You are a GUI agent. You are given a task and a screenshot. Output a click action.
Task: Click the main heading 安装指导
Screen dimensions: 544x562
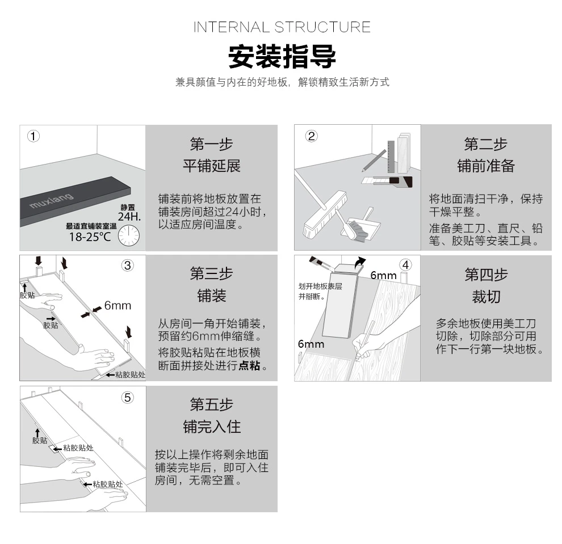pos(282,57)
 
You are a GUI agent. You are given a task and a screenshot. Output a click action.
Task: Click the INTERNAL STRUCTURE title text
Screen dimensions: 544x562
pos(282,27)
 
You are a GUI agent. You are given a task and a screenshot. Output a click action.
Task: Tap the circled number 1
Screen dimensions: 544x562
pos(34,136)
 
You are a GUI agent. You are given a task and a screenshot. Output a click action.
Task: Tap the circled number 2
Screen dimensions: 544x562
pos(311,136)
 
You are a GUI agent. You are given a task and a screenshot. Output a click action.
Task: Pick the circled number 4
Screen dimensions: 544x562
pos(405,265)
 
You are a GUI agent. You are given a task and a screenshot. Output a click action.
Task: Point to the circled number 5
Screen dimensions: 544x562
pos(128,398)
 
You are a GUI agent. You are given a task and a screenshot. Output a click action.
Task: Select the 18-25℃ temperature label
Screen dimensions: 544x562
pos(90,237)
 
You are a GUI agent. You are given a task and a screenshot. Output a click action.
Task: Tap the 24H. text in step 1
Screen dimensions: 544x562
pos(128,216)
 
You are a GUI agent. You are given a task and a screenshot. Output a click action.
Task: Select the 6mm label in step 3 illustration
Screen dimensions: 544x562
pos(118,306)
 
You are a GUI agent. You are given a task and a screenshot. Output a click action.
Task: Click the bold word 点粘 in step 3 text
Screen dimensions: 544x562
pos(249,366)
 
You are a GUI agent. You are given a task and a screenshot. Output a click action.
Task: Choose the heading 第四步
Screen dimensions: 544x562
pos(486,275)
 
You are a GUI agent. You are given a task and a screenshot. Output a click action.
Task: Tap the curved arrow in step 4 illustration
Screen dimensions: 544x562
pos(360,262)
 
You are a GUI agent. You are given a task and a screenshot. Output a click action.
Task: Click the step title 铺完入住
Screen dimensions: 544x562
pos(211,427)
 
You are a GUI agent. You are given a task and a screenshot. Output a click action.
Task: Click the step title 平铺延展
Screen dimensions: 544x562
pos(211,166)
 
